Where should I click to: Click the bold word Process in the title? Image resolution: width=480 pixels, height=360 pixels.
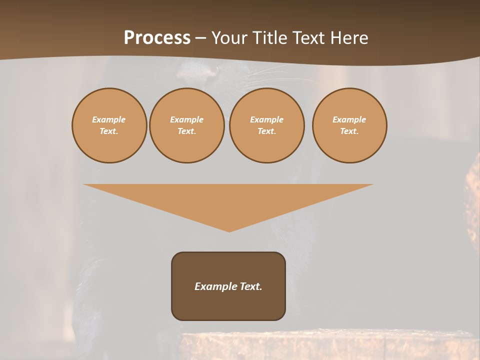pyautogui.click(x=157, y=38)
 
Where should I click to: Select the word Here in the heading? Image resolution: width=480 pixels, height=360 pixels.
pyautogui.click(x=348, y=38)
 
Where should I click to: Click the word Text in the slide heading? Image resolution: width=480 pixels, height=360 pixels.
pyautogui.click(x=308, y=38)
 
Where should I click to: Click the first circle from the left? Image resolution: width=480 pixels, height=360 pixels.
pyautogui.click(x=109, y=125)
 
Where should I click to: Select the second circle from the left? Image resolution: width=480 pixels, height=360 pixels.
pyautogui.click(x=186, y=125)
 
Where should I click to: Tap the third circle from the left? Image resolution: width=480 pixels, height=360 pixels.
pyautogui.click(x=266, y=125)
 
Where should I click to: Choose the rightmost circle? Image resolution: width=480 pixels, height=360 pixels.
pyautogui.click(x=349, y=125)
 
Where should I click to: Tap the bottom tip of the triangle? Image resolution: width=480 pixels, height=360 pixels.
pyautogui.click(x=229, y=230)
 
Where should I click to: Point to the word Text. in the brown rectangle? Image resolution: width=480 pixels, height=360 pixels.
pyautogui.click(x=250, y=286)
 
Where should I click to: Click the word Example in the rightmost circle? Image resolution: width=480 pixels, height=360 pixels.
pyautogui.click(x=349, y=119)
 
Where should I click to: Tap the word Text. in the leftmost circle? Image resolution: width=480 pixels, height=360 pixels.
pyautogui.click(x=109, y=131)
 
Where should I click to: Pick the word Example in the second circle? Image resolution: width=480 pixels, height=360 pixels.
pyautogui.click(x=186, y=119)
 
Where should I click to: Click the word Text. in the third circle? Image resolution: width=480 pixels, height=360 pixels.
pyautogui.click(x=266, y=131)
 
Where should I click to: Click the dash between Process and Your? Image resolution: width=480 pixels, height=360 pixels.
pyautogui.click(x=200, y=38)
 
